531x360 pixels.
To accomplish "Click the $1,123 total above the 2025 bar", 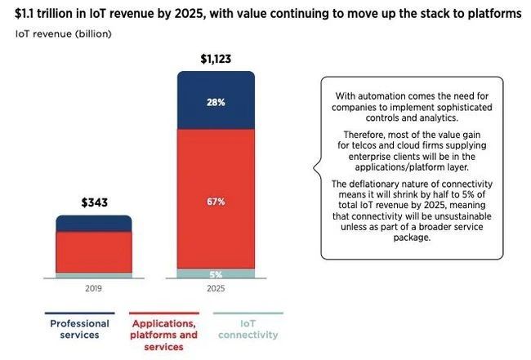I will click(215, 59).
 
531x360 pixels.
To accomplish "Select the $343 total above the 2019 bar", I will click(93, 202).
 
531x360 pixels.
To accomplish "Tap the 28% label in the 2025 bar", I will click(216, 103).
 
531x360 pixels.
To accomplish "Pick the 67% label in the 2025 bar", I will click(216, 201).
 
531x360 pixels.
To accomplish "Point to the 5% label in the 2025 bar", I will click(216, 274).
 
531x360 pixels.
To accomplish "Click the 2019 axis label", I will click(93, 289).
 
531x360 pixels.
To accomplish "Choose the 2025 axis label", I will click(216, 289).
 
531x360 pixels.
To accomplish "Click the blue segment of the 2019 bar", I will click(93, 223).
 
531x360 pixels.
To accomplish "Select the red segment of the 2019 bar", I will click(93, 251).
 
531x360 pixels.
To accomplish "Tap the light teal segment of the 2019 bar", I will click(93, 275).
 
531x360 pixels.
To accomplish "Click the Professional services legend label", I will click(79, 329).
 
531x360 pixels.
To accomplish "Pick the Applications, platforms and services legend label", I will click(164, 335).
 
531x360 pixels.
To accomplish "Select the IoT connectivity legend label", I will click(248, 329).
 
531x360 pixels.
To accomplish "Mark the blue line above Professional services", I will click(79, 313).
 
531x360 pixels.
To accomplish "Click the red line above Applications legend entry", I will click(164, 313).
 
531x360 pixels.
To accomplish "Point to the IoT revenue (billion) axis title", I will click(64, 34).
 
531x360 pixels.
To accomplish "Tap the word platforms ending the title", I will click(493, 14).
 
